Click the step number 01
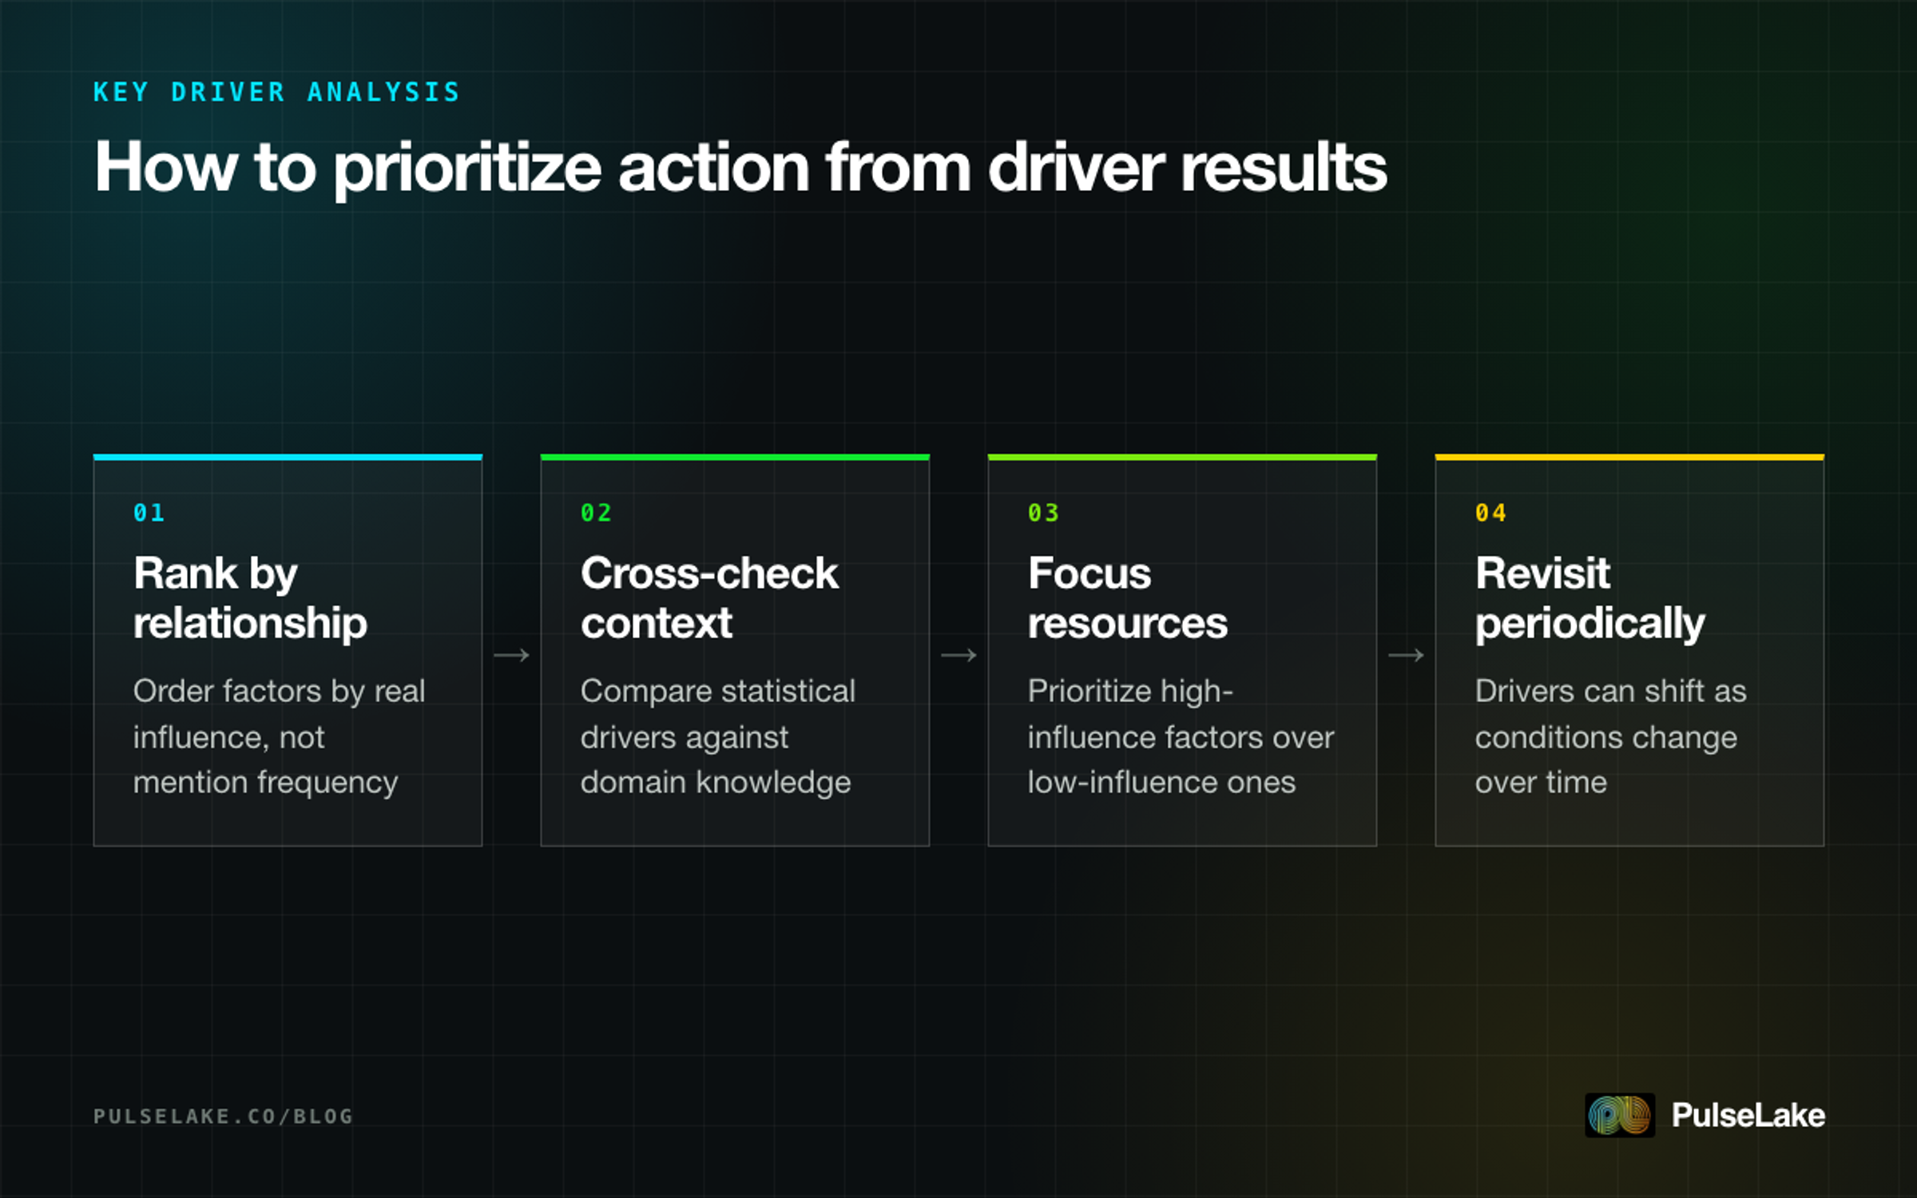pyautogui.click(x=149, y=513)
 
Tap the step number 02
pyautogui.click(x=596, y=513)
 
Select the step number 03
pyautogui.click(x=1043, y=513)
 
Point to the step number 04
pyautogui.click(x=1490, y=513)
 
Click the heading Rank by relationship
pyautogui.click(x=250, y=598)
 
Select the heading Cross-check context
pyautogui.click(x=709, y=598)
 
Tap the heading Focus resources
pyautogui.click(x=1127, y=598)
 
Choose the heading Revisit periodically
pyautogui.click(x=1590, y=598)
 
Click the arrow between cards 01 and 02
pyautogui.click(x=511, y=656)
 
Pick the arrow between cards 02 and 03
pyautogui.click(x=958, y=656)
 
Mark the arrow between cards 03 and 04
pyautogui.click(x=1406, y=656)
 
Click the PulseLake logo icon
pyautogui.click(x=1620, y=1115)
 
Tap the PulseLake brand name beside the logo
pyautogui.click(x=1748, y=1115)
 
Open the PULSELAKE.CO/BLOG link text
pyautogui.click(x=223, y=1116)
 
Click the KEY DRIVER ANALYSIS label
pyautogui.click(x=276, y=92)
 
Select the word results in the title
pyautogui.click(x=1284, y=167)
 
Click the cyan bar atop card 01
pyautogui.click(x=288, y=457)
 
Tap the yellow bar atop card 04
pyautogui.click(x=1629, y=457)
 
